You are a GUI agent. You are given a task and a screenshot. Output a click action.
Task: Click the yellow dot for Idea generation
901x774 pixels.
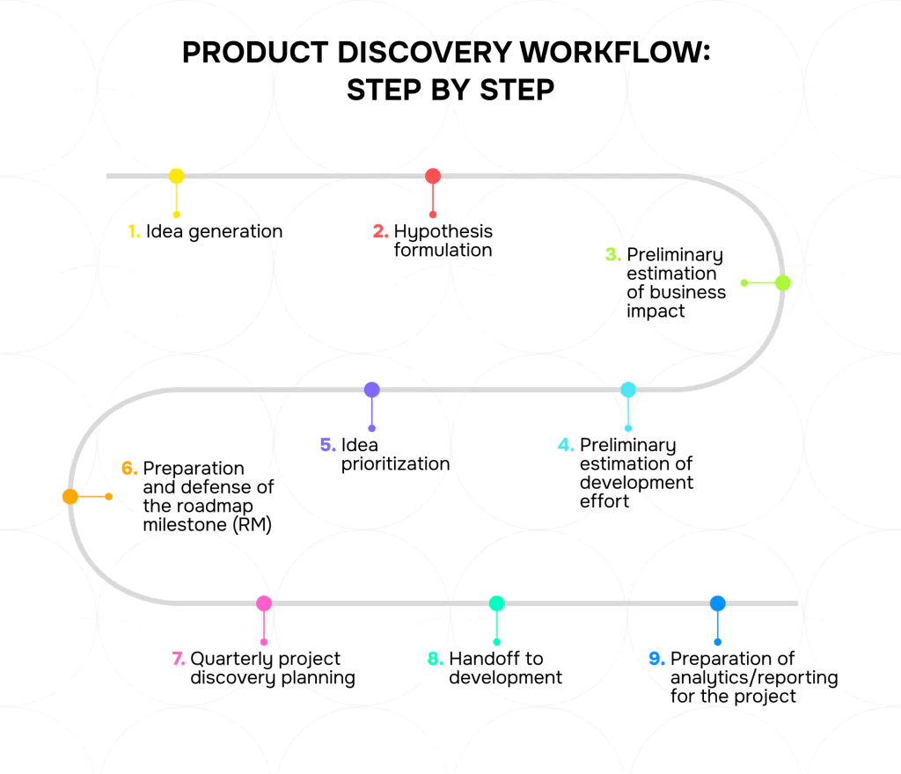(x=176, y=176)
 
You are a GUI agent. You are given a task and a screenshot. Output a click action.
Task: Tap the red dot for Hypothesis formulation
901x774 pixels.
(x=433, y=176)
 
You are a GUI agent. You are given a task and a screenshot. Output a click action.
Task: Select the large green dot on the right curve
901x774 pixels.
(x=782, y=282)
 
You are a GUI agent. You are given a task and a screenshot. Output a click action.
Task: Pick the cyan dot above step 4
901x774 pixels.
(x=628, y=390)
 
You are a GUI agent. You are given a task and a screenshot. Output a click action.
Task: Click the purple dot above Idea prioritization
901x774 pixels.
(x=372, y=390)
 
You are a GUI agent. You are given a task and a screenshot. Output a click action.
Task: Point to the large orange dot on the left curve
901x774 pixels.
(x=70, y=496)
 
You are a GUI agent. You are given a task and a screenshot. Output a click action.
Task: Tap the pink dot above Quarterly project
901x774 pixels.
(x=264, y=602)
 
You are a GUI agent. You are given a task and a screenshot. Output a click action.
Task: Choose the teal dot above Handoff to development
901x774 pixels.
(x=496, y=602)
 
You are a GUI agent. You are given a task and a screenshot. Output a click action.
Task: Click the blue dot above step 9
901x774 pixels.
(x=718, y=602)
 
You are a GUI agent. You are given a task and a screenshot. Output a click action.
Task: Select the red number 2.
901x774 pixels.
(x=380, y=231)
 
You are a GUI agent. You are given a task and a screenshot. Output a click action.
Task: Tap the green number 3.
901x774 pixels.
(x=613, y=254)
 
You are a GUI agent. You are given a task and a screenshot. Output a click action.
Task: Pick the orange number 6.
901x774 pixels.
(x=129, y=468)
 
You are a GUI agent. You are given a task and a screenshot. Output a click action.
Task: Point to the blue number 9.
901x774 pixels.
(x=656, y=659)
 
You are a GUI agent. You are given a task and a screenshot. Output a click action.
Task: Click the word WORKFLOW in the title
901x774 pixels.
(x=615, y=52)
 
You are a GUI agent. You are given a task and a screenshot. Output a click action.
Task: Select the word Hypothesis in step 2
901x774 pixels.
(x=443, y=232)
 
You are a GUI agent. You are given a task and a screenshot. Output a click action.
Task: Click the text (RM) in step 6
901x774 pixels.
(x=252, y=525)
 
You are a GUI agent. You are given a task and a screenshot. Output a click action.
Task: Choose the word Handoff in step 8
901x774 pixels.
(x=480, y=659)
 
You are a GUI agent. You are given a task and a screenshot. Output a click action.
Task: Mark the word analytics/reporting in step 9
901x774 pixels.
(x=754, y=678)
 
